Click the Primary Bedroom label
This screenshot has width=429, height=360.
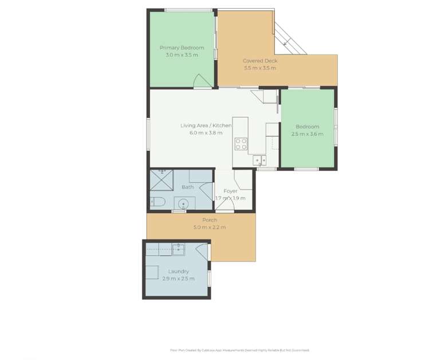tap(182, 48)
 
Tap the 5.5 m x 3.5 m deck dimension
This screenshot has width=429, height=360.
tap(259, 68)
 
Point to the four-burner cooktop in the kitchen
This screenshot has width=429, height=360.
tap(241, 144)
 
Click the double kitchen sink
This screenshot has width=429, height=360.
tap(259, 160)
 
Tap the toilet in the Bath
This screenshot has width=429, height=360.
tap(158, 201)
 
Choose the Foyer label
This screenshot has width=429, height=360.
tap(230, 191)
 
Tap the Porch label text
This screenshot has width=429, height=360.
tap(210, 220)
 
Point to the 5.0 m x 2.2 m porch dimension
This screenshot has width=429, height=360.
tap(210, 228)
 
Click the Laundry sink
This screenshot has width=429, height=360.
tap(178, 249)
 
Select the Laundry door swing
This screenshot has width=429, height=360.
tap(202, 251)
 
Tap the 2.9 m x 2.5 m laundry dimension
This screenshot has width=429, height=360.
tap(178, 279)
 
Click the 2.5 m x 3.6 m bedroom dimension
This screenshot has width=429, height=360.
tap(307, 134)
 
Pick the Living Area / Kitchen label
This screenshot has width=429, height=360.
tap(206, 126)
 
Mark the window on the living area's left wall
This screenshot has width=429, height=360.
tap(148, 134)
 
